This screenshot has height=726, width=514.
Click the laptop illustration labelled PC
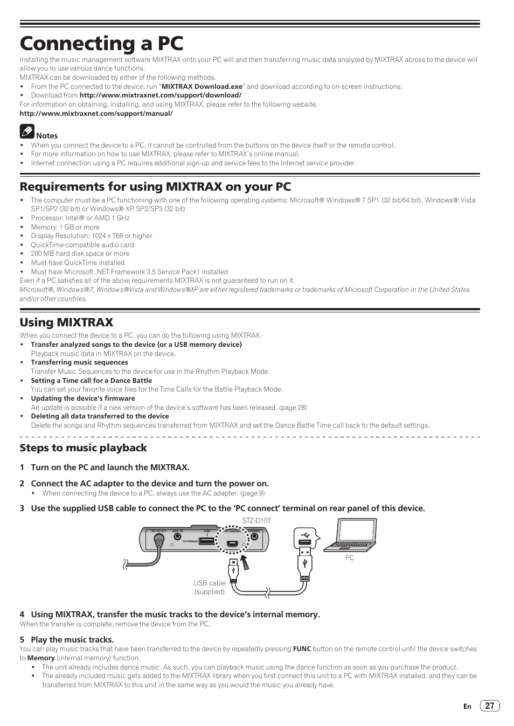(x=350, y=535)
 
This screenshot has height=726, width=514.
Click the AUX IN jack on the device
(x=172, y=544)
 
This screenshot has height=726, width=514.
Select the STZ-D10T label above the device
(x=256, y=521)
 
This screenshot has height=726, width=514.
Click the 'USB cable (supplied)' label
(x=210, y=587)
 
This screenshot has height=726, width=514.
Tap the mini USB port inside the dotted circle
(x=232, y=543)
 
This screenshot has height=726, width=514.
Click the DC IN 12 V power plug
(x=158, y=543)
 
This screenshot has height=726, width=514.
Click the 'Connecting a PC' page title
(x=101, y=43)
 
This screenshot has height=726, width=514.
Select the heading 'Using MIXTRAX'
(x=66, y=322)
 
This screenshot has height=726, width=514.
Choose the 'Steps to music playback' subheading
(x=83, y=448)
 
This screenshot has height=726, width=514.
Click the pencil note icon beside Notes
(x=27, y=130)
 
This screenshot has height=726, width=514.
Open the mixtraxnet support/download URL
(x=160, y=95)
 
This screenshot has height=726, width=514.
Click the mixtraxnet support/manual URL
(x=96, y=114)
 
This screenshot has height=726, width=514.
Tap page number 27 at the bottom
(x=489, y=706)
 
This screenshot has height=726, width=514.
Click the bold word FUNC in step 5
(x=302, y=649)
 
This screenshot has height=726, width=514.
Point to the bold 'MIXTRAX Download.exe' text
(x=202, y=86)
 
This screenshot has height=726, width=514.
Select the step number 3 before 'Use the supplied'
(x=22, y=508)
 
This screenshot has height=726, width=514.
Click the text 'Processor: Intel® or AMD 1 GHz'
(x=80, y=218)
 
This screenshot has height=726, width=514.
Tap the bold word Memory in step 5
(x=41, y=658)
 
